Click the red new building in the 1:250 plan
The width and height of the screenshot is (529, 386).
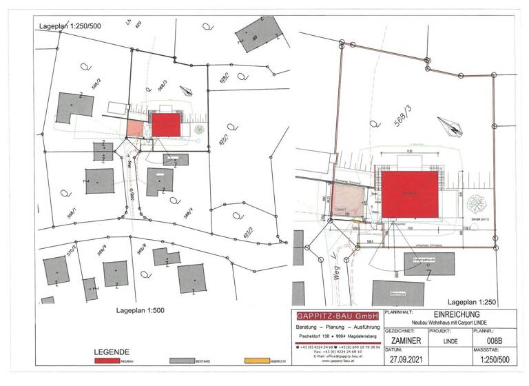click(x=411, y=195)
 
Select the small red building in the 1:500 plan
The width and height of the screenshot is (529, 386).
click(x=165, y=125)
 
